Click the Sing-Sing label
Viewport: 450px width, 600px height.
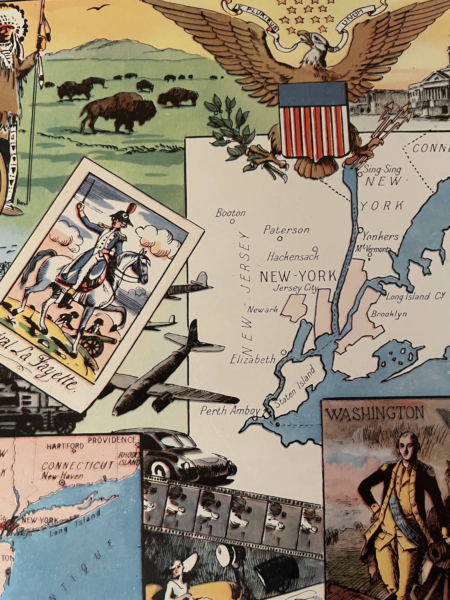(x=382, y=170)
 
